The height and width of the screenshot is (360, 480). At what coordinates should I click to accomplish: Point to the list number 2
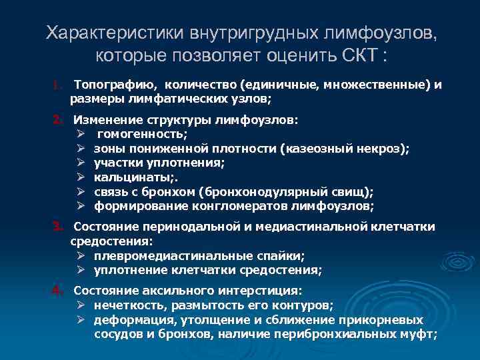58,121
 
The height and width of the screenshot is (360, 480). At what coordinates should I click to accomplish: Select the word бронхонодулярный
270,191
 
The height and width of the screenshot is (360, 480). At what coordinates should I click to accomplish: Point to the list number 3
58,227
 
